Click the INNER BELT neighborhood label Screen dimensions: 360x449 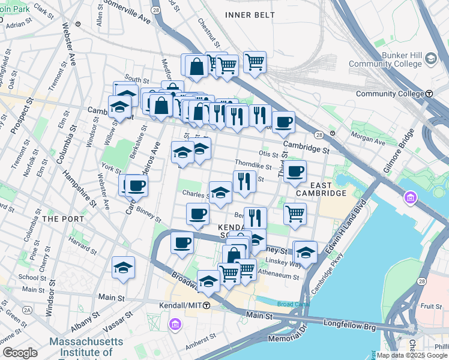coord(250,14)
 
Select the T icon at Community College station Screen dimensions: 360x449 coord(430,94)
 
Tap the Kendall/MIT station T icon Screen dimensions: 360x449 coord(206,305)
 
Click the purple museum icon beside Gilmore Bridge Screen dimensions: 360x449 coord(411,197)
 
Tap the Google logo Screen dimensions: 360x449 coord(20,353)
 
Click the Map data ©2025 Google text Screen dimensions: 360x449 coord(412,355)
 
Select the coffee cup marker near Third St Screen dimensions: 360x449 coord(295,172)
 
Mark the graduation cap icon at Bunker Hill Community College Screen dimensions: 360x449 coord(431,58)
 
